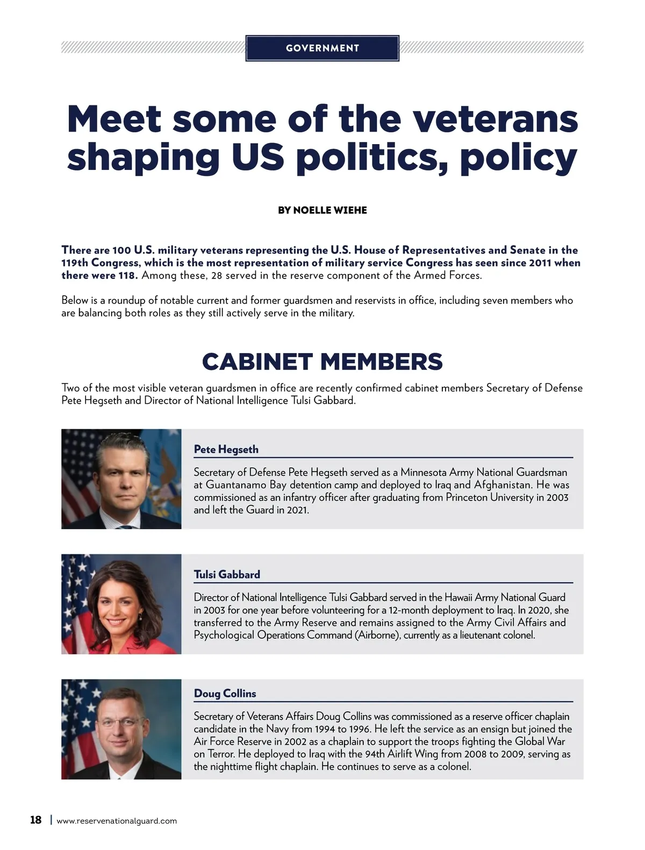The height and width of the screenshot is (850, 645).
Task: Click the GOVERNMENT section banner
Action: pyautogui.click(x=322, y=48)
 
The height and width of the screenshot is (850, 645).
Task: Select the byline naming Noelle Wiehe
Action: pyautogui.click(x=322, y=210)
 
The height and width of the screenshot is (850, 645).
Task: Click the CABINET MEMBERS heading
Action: pyautogui.click(x=322, y=362)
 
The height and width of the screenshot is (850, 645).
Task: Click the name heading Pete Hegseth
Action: pyautogui.click(x=226, y=449)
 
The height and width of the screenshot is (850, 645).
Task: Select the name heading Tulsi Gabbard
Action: pyautogui.click(x=227, y=575)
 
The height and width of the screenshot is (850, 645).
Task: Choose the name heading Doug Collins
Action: pyautogui.click(x=225, y=694)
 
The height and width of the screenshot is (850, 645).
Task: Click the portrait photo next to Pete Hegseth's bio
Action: pyautogui.click(x=121, y=479)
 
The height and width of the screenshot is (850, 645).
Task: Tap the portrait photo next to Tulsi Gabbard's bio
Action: pyautogui.click(x=121, y=604)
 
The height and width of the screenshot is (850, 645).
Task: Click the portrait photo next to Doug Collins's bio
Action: pyautogui.click(x=121, y=730)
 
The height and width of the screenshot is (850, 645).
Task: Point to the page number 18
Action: pyautogui.click(x=35, y=820)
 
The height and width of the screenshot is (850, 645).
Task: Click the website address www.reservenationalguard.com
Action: pyautogui.click(x=117, y=821)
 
